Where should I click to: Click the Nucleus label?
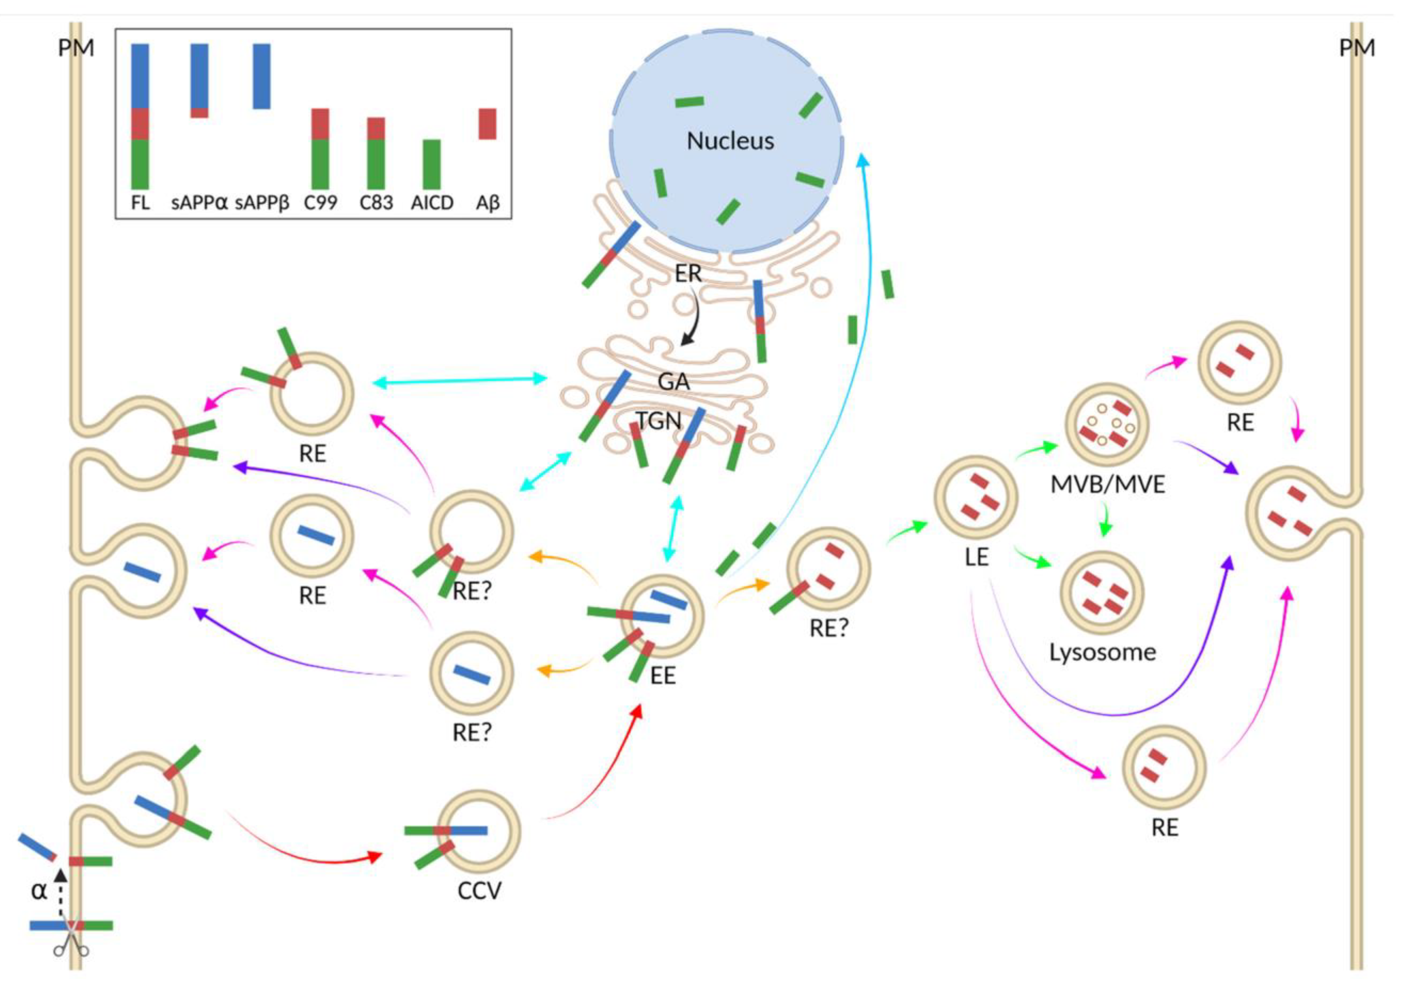[730, 141]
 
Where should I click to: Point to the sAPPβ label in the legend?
[262, 203]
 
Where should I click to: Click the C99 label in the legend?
[321, 203]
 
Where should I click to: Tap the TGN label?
[658, 421]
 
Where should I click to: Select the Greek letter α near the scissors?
[38, 890]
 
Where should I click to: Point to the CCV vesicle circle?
[480, 831]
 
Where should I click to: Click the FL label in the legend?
[140, 203]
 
